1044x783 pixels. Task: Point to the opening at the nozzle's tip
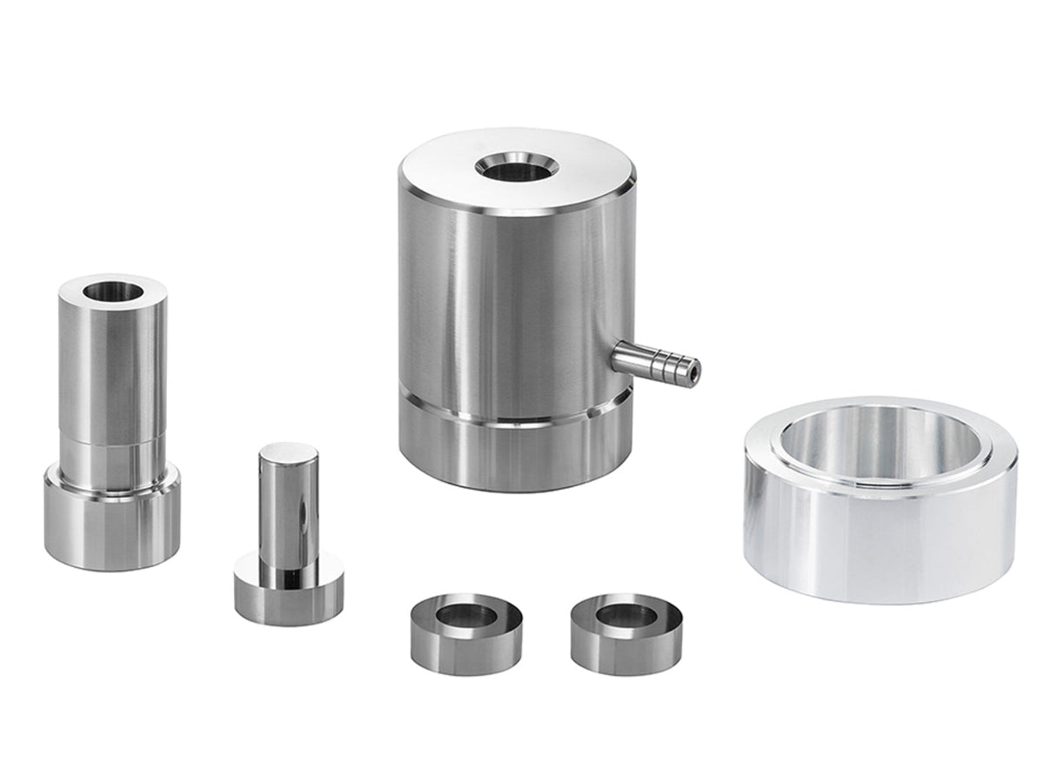(x=693, y=369)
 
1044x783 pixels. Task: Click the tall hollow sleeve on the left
(x=110, y=418)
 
